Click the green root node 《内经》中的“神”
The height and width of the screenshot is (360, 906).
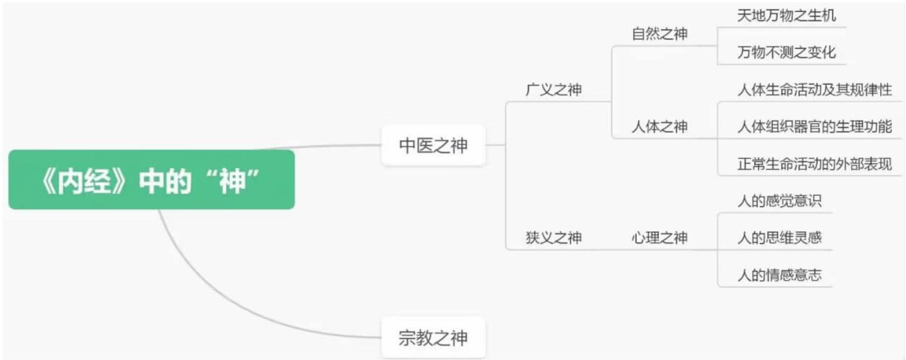point(152,180)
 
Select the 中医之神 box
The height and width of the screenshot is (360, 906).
point(433,145)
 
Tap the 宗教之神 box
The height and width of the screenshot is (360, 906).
point(433,338)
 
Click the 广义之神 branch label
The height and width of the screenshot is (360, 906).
point(553,90)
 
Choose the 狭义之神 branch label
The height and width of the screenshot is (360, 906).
point(553,238)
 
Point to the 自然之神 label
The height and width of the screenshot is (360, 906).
point(660,34)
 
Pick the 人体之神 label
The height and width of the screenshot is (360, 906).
point(660,127)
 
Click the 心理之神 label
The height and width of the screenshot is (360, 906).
point(660,238)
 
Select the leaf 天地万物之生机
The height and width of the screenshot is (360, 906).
point(786,16)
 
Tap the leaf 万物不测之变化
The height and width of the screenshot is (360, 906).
point(786,53)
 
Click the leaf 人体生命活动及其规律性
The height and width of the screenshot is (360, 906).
point(815,90)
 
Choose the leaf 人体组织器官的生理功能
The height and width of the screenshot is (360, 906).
point(815,127)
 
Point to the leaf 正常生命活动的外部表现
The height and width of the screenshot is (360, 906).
point(815,164)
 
